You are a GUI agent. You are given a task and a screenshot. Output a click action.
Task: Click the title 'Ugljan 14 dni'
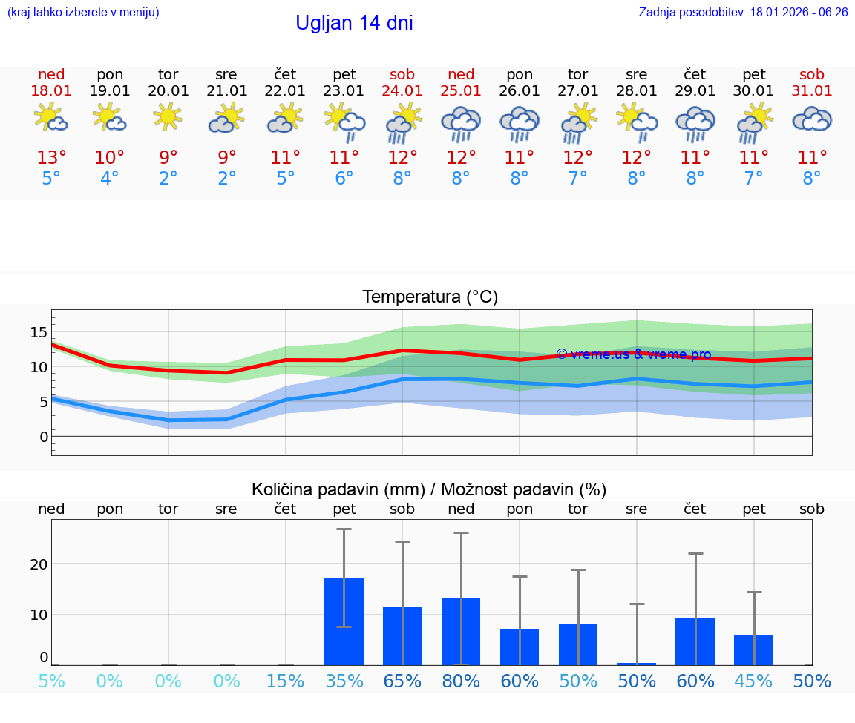(354, 23)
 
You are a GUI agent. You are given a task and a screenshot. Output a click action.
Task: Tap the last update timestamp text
(743, 13)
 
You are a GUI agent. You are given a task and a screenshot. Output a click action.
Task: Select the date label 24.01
(402, 90)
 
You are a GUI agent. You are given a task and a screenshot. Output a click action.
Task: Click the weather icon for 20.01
(168, 116)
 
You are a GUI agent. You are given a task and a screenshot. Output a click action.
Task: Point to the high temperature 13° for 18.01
(51, 158)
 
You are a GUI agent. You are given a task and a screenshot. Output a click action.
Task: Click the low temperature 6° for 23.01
(344, 179)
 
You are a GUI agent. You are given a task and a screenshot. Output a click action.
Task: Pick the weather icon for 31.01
(812, 119)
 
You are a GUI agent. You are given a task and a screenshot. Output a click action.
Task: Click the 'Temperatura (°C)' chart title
(430, 297)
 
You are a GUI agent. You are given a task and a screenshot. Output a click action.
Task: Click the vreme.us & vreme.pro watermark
(633, 354)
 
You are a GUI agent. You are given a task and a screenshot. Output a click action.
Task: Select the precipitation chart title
(429, 489)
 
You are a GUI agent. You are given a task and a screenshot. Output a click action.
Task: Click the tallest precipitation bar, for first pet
(344, 621)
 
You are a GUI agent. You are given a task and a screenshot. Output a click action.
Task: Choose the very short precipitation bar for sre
(636, 664)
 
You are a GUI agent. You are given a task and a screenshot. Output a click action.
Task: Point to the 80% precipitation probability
(461, 681)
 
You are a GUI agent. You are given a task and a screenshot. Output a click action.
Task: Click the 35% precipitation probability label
(344, 681)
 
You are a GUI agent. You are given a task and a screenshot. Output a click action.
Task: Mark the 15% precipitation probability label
(285, 681)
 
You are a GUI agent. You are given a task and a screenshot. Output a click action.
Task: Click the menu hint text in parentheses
(83, 13)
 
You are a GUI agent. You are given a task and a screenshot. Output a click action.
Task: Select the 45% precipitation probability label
(753, 681)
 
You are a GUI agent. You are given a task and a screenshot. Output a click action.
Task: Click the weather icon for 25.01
(461, 122)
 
